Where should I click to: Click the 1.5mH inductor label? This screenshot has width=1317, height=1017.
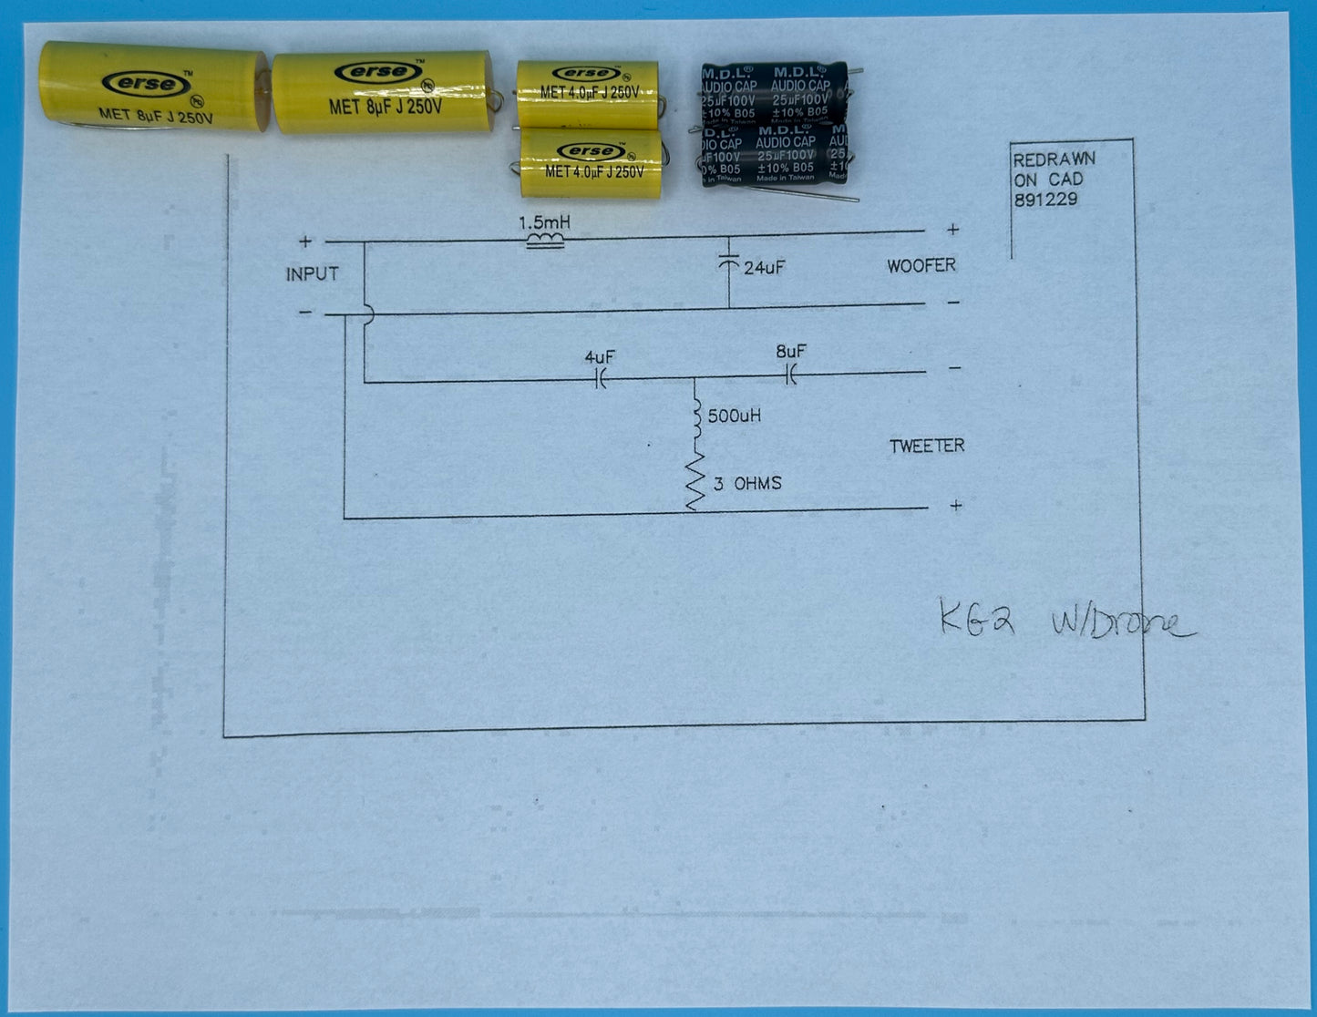tap(544, 222)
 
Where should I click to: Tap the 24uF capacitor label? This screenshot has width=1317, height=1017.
tap(764, 268)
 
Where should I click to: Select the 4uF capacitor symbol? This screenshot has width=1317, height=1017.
tap(601, 379)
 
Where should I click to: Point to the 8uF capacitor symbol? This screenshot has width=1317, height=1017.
tap(790, 374)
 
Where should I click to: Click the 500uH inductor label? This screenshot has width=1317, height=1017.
tap(734, 416)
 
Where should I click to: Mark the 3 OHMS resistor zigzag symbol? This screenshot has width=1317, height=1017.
tap(695, 482)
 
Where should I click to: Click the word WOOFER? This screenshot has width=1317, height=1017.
tap(921, 266)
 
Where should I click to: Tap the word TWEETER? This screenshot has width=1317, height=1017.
tap(926, 446)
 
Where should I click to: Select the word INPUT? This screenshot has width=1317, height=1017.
tap(312, 274)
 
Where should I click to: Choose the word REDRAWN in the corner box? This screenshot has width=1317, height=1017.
tap(1054, 159)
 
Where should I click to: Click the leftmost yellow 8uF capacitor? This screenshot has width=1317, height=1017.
tap(153, 88)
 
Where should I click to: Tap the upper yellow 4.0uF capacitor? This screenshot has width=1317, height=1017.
tap(587, 93)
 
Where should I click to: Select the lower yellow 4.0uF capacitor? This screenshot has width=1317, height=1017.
tap(591, 163)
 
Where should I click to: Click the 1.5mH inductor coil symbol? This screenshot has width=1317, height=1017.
tap(545, 241)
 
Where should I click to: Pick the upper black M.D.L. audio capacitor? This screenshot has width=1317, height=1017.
tap(775, 91)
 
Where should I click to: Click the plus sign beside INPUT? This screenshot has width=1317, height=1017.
tap(305, 241)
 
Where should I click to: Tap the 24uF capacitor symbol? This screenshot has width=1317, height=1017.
tap(728, 263)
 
